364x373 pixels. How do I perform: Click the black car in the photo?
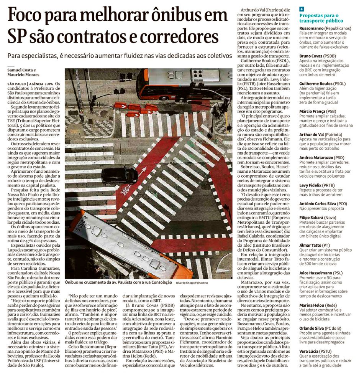120,175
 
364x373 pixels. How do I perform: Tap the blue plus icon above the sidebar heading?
302,8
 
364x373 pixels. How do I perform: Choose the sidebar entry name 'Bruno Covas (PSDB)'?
318,56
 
